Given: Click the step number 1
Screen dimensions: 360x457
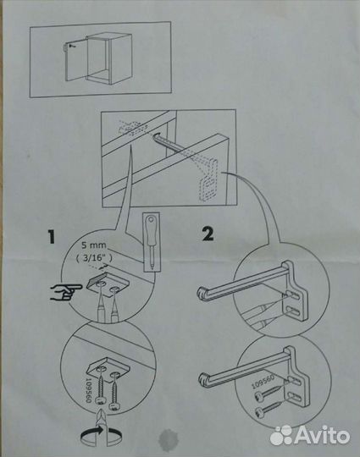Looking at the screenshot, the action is pos(52,236).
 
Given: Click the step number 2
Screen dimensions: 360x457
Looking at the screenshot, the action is pos(208,234).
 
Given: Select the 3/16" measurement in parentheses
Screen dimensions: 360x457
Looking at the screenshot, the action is pos(93,257).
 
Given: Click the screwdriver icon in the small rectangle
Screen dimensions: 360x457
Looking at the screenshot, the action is pos(152,242).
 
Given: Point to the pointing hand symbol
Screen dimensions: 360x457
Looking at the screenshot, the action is pos(66,292).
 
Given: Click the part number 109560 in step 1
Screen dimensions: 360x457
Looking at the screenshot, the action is pos(89,390).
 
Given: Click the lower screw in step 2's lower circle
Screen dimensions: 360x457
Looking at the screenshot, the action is pos(269,409).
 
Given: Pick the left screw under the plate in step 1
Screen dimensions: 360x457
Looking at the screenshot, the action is pos(99,388).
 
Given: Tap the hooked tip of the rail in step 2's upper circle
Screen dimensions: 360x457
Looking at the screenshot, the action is pos(202,294).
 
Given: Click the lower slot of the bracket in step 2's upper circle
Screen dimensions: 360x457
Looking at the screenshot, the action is pos(295,311).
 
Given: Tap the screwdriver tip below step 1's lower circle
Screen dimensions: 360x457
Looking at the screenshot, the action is pos(100,416).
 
